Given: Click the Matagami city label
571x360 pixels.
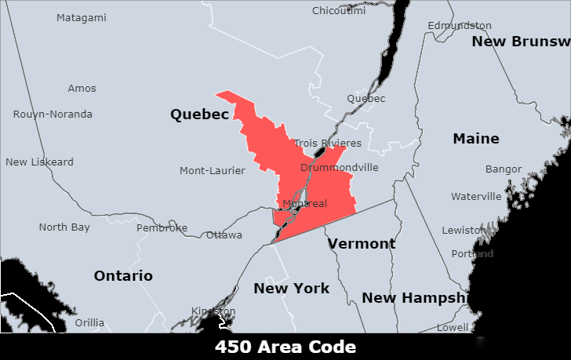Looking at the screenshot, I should (81, 17).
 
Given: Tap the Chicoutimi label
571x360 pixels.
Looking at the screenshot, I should (339, 10).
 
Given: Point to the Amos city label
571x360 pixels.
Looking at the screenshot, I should (82, 89).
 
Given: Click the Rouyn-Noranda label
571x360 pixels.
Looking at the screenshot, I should (53, 114).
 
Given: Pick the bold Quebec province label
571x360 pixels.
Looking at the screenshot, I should (199, 115).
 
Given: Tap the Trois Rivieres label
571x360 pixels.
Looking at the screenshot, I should (328, 143).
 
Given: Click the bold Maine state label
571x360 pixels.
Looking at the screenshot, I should (475, 138).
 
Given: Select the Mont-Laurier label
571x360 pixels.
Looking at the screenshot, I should (212, 170).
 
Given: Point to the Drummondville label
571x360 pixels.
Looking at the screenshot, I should (339, 167).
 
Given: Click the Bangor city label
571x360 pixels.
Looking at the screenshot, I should (503, 169).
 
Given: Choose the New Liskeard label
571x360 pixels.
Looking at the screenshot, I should (39, 162).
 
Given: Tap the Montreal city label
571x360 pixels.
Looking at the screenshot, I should (304, 203).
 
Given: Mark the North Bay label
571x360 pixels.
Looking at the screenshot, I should (64, 227).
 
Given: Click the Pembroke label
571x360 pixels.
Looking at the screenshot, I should (162, 227).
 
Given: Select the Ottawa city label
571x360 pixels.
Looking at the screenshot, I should (224, 235).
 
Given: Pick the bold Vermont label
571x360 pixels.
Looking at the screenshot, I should (362, 243).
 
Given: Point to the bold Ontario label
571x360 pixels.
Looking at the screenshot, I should (123, 275).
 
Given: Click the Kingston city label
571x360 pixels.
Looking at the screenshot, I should (213, 311).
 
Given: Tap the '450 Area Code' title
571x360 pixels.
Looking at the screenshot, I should (285, 347).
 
